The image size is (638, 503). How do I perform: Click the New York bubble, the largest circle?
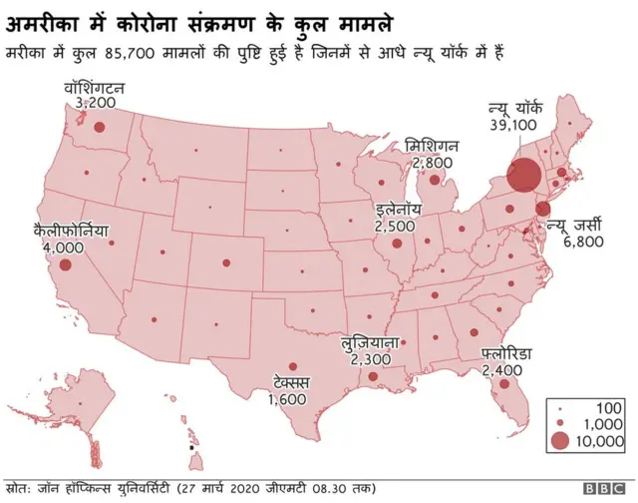point(523,175)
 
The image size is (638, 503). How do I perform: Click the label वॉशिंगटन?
point(92,88)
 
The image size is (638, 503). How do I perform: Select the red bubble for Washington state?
point(99,127)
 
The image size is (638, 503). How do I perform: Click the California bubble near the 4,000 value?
point(66,265)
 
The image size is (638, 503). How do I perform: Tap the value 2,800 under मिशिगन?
point(432,162)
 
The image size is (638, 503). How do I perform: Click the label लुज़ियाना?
point(370,342)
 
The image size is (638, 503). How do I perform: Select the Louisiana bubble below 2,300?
point(372,377)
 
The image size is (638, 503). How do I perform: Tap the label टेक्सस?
point(291,383)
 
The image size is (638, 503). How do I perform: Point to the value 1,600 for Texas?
point(289,399)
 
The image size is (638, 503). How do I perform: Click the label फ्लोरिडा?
point(507,354)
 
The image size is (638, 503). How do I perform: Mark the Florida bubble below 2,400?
point(505,384)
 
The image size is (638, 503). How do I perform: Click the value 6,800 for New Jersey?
point(582,242)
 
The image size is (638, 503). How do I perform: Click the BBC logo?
point(603,488)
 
